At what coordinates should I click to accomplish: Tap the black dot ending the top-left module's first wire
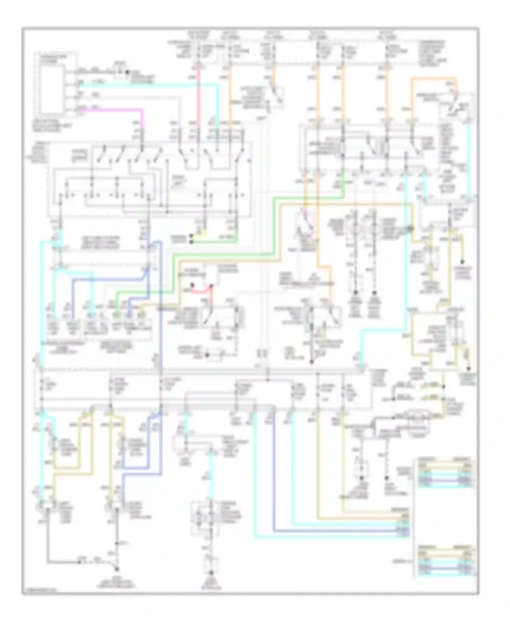(x=127, y=72)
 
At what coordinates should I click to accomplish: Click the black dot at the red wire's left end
(x=192, y=285)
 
